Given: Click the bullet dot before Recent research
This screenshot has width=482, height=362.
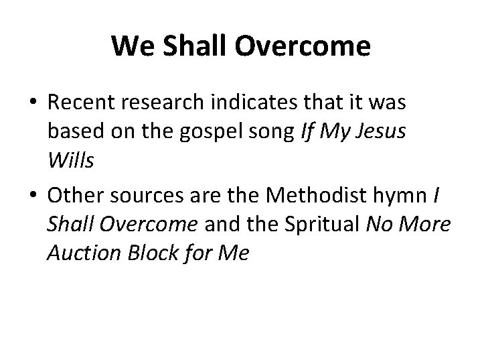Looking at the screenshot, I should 32,103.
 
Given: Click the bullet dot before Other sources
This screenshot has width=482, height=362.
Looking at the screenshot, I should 32,196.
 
